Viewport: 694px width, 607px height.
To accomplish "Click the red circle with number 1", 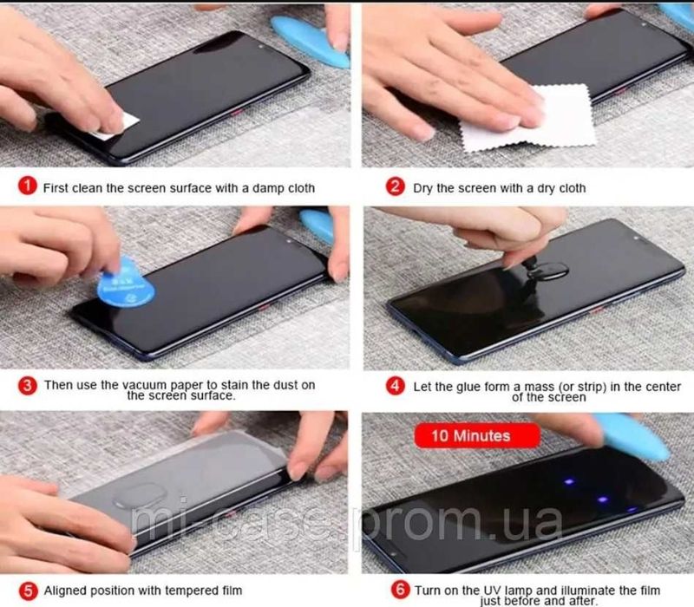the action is tap(27, 186).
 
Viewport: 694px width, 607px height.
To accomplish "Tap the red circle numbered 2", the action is tap(395, 186).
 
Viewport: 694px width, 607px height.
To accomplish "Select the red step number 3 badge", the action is tap(27, 385).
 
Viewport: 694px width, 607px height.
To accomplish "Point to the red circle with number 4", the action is tap(395, 386).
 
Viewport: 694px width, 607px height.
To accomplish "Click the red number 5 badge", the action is tap(28, 591).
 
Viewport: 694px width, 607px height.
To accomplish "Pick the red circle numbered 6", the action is tap(400, 590).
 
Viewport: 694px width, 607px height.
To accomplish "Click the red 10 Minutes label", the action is tap(477, 436).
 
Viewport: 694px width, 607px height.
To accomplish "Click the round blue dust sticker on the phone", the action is tap(126, 284).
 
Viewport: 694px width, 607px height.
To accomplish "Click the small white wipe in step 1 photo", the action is tap(116, 126).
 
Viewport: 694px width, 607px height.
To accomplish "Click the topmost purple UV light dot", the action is tap(569, 481).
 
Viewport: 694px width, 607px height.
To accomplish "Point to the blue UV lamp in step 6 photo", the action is tap(633, 435).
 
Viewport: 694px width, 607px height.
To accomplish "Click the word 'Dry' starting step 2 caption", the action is tap(422, 188).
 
